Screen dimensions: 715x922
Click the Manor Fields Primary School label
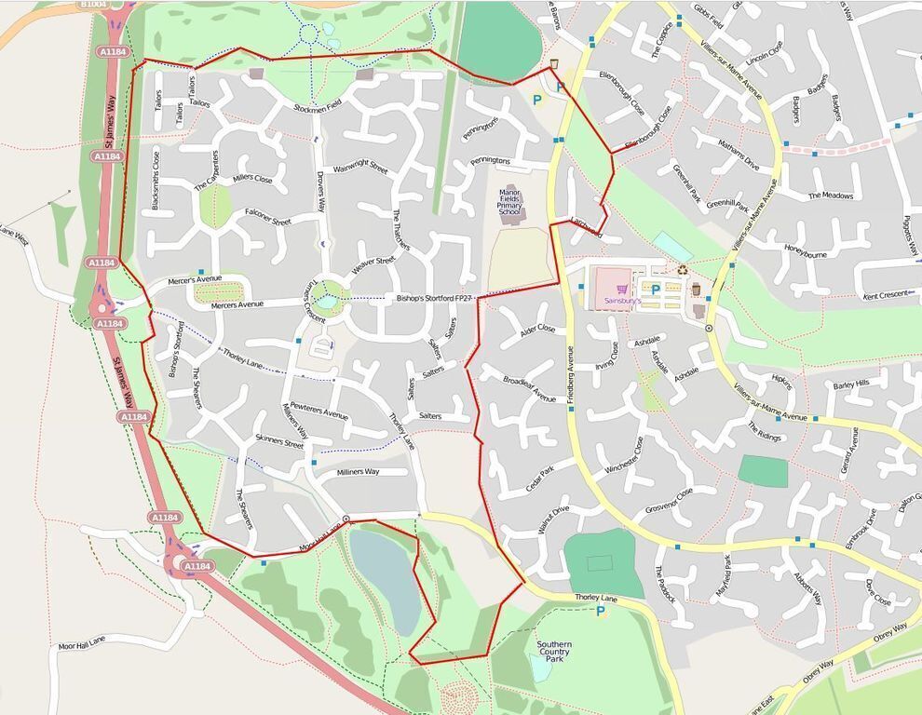click(x=509, y=202)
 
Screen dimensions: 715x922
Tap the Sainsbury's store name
click(x=623, y=301)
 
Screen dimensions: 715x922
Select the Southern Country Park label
click(x=554, y=651)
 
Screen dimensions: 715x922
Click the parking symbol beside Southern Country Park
click(x=601, y=612)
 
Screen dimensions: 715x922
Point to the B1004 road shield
click(x=93, y=4)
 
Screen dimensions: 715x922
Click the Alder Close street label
click(x=538, y=330)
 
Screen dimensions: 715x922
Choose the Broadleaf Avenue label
click(x=529, y=389)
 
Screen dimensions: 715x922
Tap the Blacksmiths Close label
click(x=156, y=180)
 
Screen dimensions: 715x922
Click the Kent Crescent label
click(x=885, y=295)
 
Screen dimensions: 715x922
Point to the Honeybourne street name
click(x=806, y=252)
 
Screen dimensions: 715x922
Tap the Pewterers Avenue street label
click(x=319, y=410)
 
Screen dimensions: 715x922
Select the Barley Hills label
click(x=851, y=384)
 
